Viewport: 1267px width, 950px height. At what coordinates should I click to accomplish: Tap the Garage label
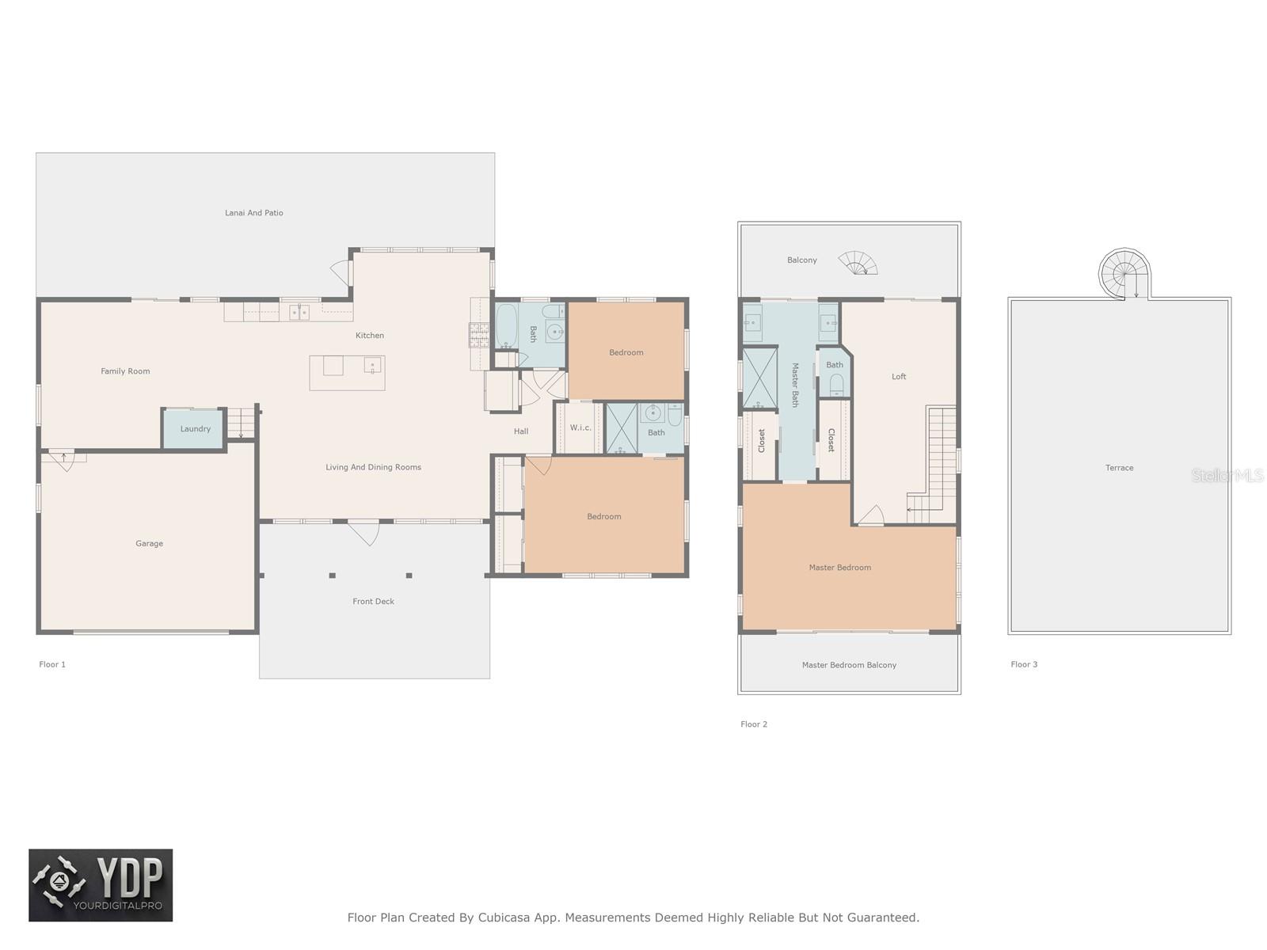click(149, 543)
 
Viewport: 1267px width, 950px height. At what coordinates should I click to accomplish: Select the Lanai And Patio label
click(254, 213)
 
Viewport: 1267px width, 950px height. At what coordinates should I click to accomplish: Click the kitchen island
click(347, 373)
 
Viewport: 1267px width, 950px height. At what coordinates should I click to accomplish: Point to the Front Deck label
click(374, 601)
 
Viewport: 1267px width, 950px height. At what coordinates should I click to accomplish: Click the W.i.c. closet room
click(580, 427)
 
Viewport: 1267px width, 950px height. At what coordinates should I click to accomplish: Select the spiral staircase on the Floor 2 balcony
click(858, 263)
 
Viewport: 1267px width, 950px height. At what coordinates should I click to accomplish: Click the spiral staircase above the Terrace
click(1123, 275)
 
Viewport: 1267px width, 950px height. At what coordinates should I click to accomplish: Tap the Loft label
click(899, 377)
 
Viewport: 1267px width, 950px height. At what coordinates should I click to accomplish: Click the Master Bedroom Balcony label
click(849, 665)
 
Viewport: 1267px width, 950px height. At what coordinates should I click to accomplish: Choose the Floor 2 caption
click(754, 724)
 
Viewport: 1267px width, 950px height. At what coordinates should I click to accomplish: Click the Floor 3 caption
click(1024, 664)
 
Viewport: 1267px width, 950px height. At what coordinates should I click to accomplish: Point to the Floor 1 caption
click(52, 664)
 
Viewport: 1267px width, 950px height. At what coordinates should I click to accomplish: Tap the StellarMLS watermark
click(1227, 476)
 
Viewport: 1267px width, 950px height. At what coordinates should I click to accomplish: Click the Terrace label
click(1119, 468)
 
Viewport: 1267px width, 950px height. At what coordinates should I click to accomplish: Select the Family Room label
click(125, 371)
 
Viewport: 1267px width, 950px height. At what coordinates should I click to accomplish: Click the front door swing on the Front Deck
click(363, 533)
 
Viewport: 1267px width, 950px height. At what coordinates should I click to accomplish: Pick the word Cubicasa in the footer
click(504, 917)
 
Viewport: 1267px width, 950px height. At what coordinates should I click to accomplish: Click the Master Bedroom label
click(840, 568)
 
